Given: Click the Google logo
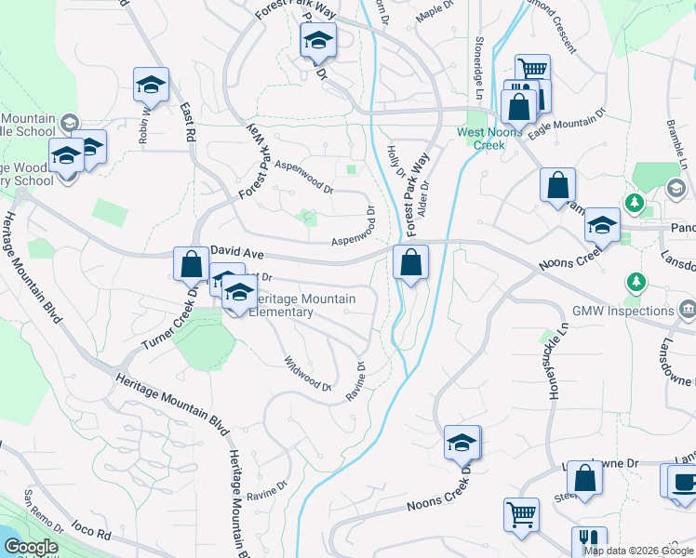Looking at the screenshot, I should pos(32,547).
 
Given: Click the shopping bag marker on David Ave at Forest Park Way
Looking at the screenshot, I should pos(410,263).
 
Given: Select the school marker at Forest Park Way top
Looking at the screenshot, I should pos(317,41).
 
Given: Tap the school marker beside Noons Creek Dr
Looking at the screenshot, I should pos(462,443).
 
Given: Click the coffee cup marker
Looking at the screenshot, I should pos(681,482).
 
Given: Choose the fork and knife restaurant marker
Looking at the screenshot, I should pos(589,541).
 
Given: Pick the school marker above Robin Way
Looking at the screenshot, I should pos(151,85).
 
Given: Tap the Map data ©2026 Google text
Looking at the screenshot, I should pos(639,551).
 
